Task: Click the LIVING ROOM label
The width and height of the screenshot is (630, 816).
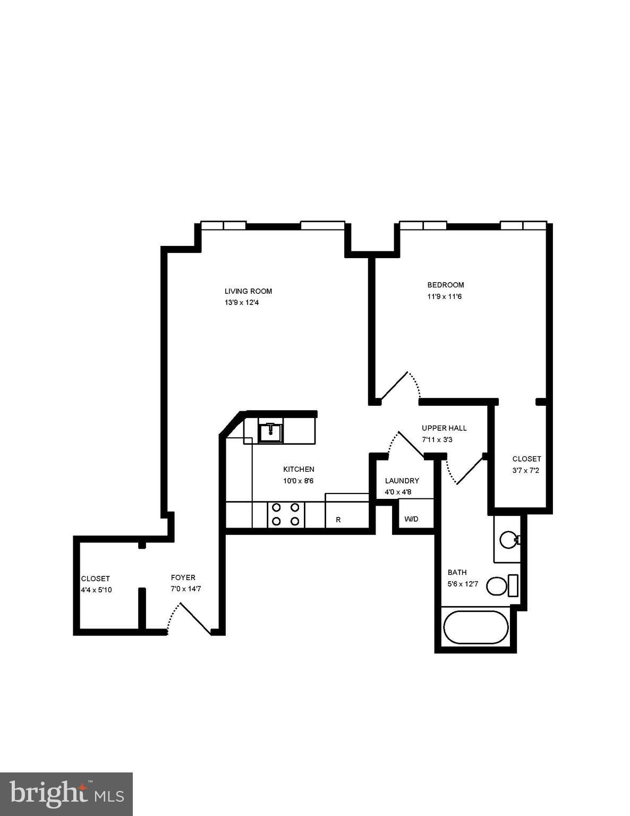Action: point(248,291)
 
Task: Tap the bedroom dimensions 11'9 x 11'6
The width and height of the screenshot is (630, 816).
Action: point(445,296)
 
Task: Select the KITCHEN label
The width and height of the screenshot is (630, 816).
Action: point(299,469)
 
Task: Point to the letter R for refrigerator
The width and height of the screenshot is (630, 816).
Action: point(338,520)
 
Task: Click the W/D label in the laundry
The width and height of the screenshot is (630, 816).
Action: point(411,518)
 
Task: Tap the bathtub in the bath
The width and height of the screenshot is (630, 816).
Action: point(476,627)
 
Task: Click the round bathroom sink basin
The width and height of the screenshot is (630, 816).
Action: point(508,540)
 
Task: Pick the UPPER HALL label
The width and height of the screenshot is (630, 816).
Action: point(444,428)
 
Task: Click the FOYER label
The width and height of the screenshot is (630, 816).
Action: point(183,577)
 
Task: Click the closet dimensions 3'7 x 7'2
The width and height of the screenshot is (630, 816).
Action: point(526,470)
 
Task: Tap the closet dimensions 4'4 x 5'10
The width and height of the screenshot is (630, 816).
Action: point(96,590)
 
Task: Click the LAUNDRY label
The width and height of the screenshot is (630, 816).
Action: point(402,481)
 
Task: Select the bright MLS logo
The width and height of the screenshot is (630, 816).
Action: point(66,794)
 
